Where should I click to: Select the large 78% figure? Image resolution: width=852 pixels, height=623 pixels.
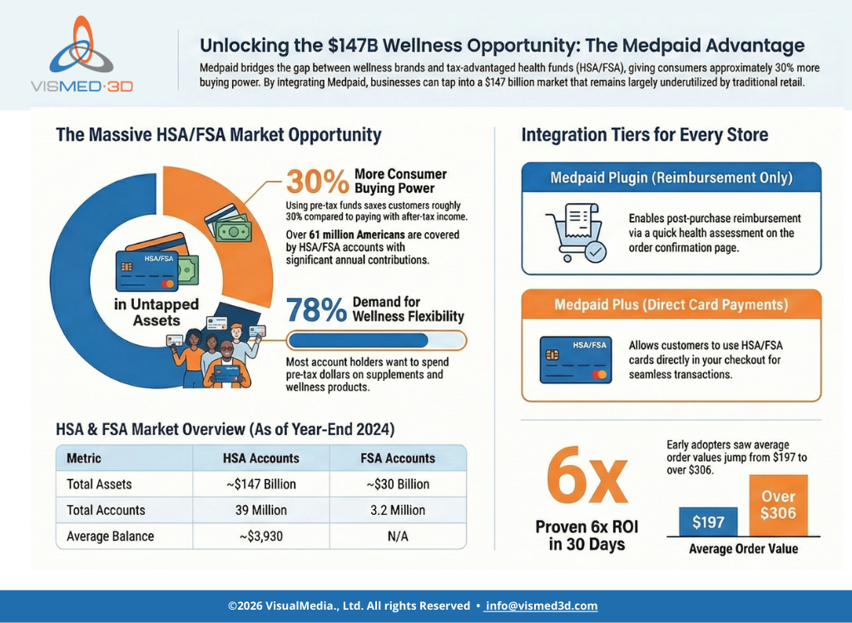(315, 311)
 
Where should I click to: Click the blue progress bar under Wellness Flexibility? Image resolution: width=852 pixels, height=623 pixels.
(358, 340)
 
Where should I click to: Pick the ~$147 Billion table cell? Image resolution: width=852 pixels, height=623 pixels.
(260, 484)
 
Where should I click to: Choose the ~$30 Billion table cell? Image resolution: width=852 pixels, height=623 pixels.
(398, 484)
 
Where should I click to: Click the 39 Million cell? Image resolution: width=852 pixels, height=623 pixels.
(260, 510)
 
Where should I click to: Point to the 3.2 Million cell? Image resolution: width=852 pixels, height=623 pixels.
(398, 510)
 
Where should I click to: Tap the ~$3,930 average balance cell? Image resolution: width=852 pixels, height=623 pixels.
(260, 536)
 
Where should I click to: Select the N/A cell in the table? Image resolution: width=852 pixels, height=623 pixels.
(398, 536)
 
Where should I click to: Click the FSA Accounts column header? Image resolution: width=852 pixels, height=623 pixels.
(398, 458)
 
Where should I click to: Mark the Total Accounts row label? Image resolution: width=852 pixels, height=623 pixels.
(106, 510)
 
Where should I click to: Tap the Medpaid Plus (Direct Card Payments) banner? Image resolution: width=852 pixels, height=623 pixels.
(671, 305)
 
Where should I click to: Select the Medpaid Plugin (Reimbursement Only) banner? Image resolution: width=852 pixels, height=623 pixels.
(671, 178)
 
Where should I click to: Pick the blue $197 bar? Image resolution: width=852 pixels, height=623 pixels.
(708, 522)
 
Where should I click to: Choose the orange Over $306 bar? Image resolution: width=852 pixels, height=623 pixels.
(778, 505)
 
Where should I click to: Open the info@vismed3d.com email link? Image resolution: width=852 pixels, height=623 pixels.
(542, 606)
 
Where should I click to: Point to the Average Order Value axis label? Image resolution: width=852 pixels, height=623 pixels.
(743, 548)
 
